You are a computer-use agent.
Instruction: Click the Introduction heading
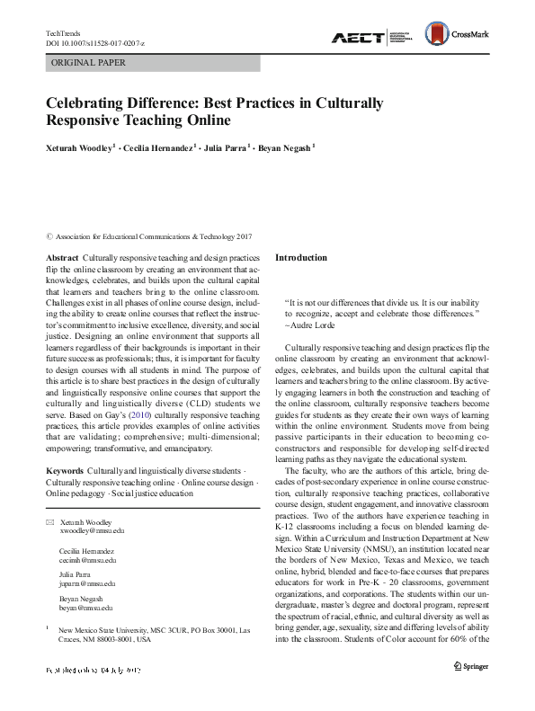[300, 258]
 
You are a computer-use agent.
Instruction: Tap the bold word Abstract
[60, 258]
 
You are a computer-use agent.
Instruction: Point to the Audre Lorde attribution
[313, 323]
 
